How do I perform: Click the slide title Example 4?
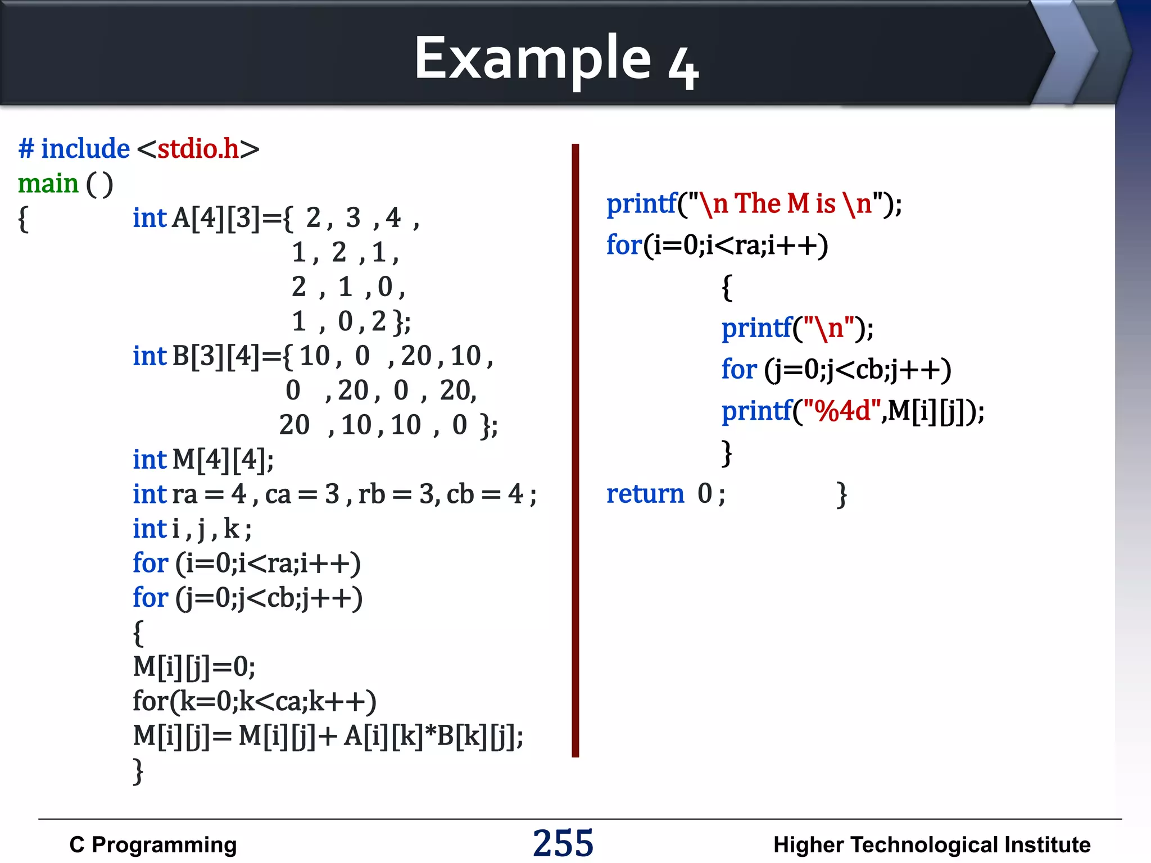556,58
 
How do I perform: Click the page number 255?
563,843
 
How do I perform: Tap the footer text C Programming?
153,844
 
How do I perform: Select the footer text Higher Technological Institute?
931,844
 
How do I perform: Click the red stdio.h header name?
198,149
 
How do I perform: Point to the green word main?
48,184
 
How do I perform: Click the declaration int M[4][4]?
203,460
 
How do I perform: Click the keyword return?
645,494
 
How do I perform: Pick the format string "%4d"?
840,411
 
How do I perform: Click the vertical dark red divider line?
575,449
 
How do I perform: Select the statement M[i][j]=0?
194,667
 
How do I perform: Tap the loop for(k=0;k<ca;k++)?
254,702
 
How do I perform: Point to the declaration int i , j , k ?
192,529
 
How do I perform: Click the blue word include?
85,149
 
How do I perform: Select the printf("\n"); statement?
797,328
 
